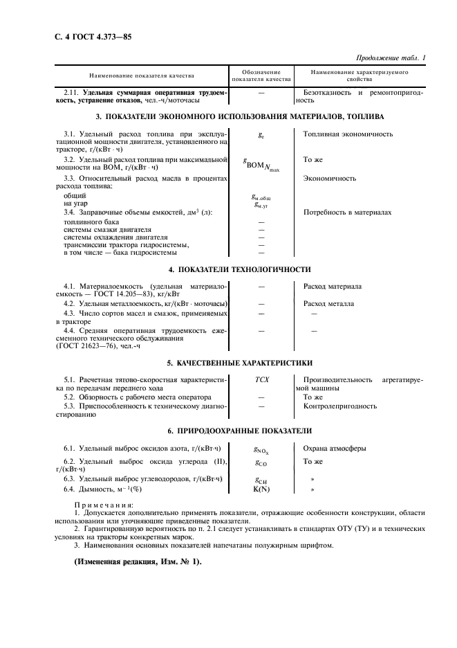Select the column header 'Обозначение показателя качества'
[261, 76]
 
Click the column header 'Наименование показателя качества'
[141, 75]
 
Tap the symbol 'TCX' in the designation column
[261, 380]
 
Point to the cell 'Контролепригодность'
[338, 406]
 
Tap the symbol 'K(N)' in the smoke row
[261, 489]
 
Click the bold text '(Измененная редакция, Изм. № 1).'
[137, 561]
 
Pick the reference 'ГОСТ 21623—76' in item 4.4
[84, 345]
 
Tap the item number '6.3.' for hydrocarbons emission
[70, 479]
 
